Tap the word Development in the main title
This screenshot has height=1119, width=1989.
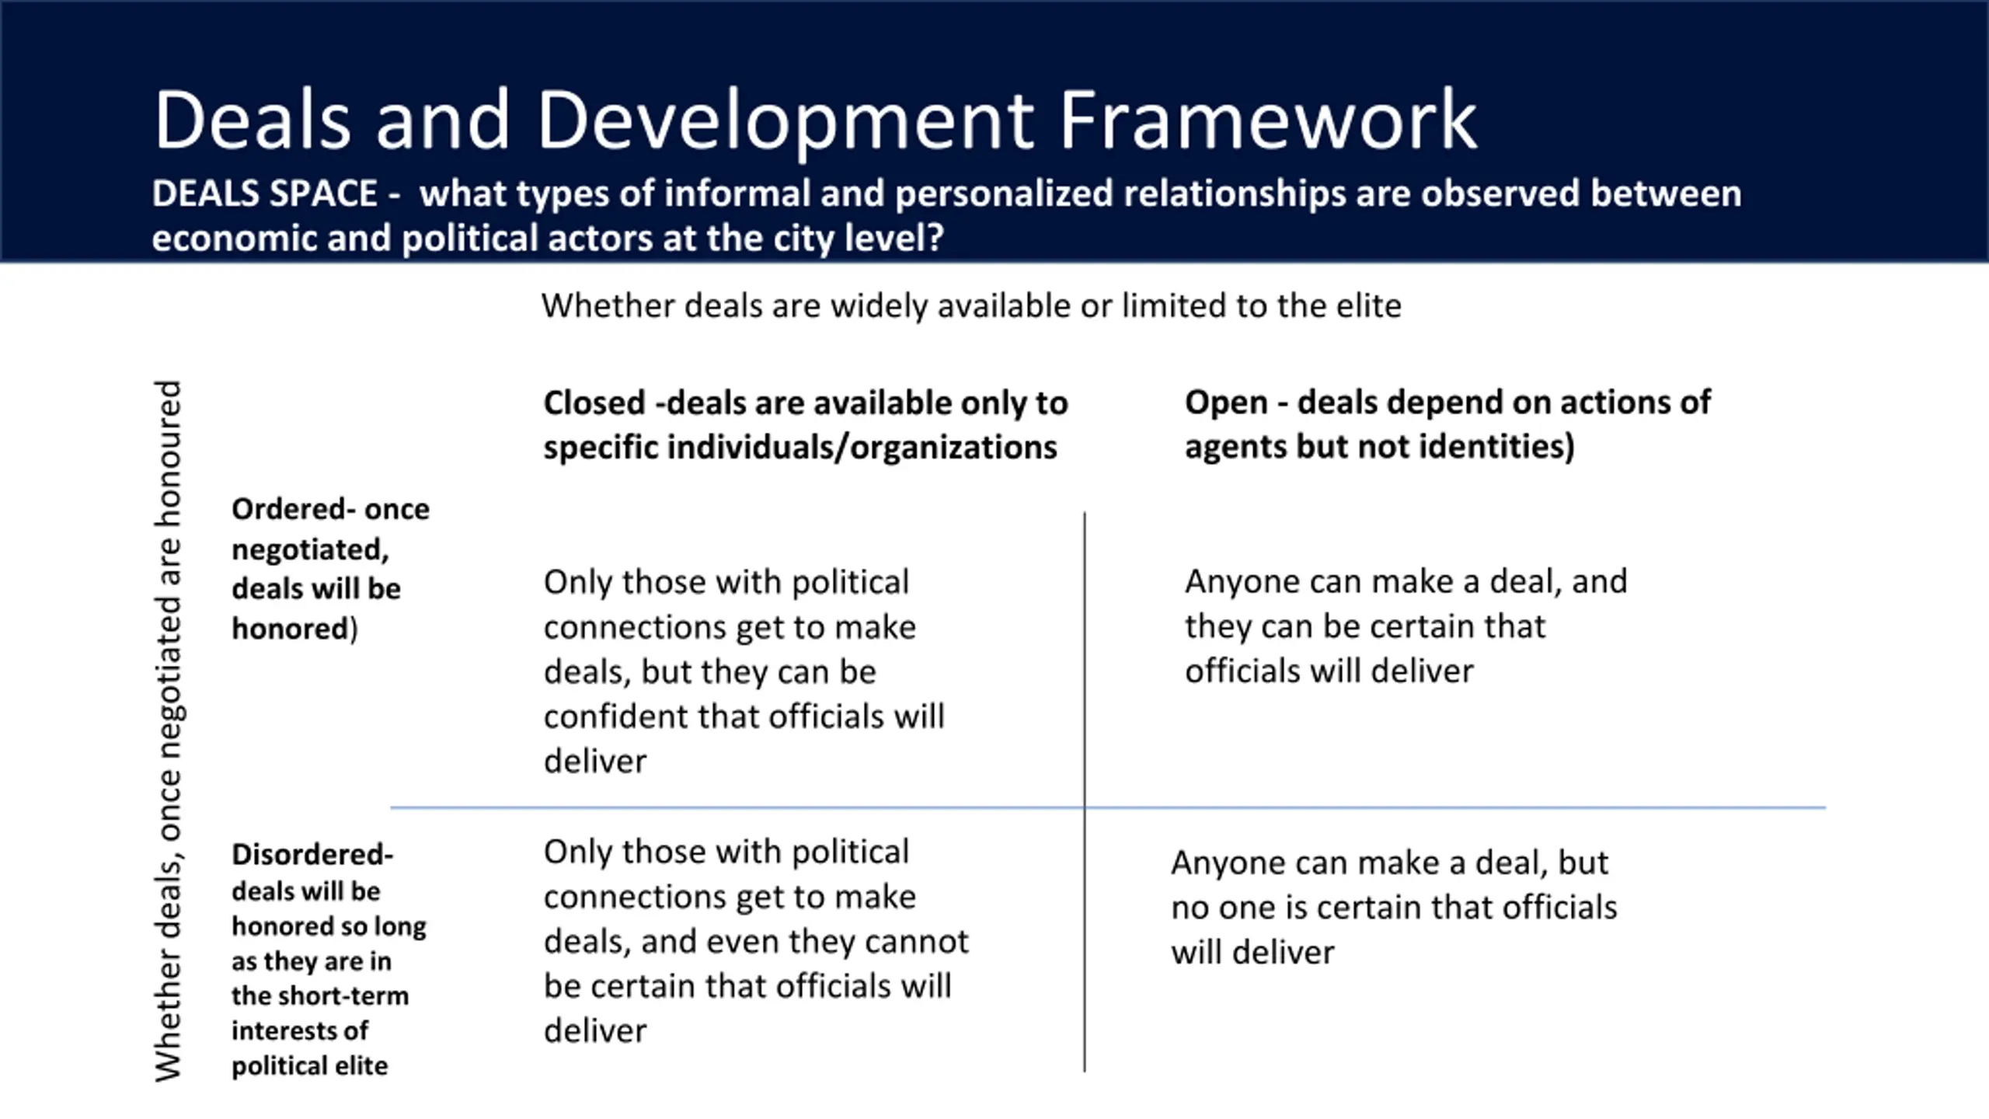[785, 121]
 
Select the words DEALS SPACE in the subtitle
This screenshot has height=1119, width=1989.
[264, 193]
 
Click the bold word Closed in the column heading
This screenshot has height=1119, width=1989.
[594, 403]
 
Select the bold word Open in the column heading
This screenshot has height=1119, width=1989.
[1226, 403]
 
